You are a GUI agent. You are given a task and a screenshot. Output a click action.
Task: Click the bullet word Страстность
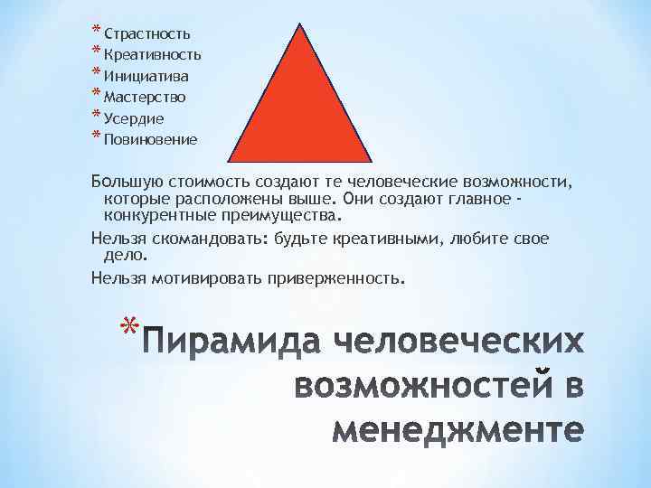point(146,34)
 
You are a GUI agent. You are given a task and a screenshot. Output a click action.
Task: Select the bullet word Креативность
point(152,55)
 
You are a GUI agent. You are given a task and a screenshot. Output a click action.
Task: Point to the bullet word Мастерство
point(146,97)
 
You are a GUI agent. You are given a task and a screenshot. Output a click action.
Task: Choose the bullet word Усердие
point(134,117)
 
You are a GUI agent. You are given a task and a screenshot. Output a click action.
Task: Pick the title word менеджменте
point(456,430)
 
